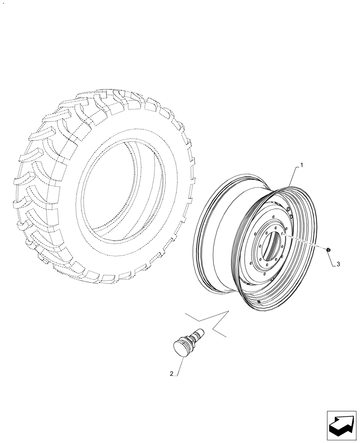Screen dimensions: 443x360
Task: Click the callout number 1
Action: coord(302,165)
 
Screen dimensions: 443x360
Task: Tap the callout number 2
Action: coord(172,374)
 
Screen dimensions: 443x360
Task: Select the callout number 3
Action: coord(338,264)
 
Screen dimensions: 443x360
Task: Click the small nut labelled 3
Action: coord(328,251)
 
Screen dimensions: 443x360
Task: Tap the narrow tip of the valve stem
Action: coord(201,330)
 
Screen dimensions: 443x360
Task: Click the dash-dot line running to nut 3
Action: coord(306,242)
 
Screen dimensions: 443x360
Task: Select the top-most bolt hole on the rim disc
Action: coord(274,217)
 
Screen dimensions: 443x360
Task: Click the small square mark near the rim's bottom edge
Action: coord(258,302)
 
